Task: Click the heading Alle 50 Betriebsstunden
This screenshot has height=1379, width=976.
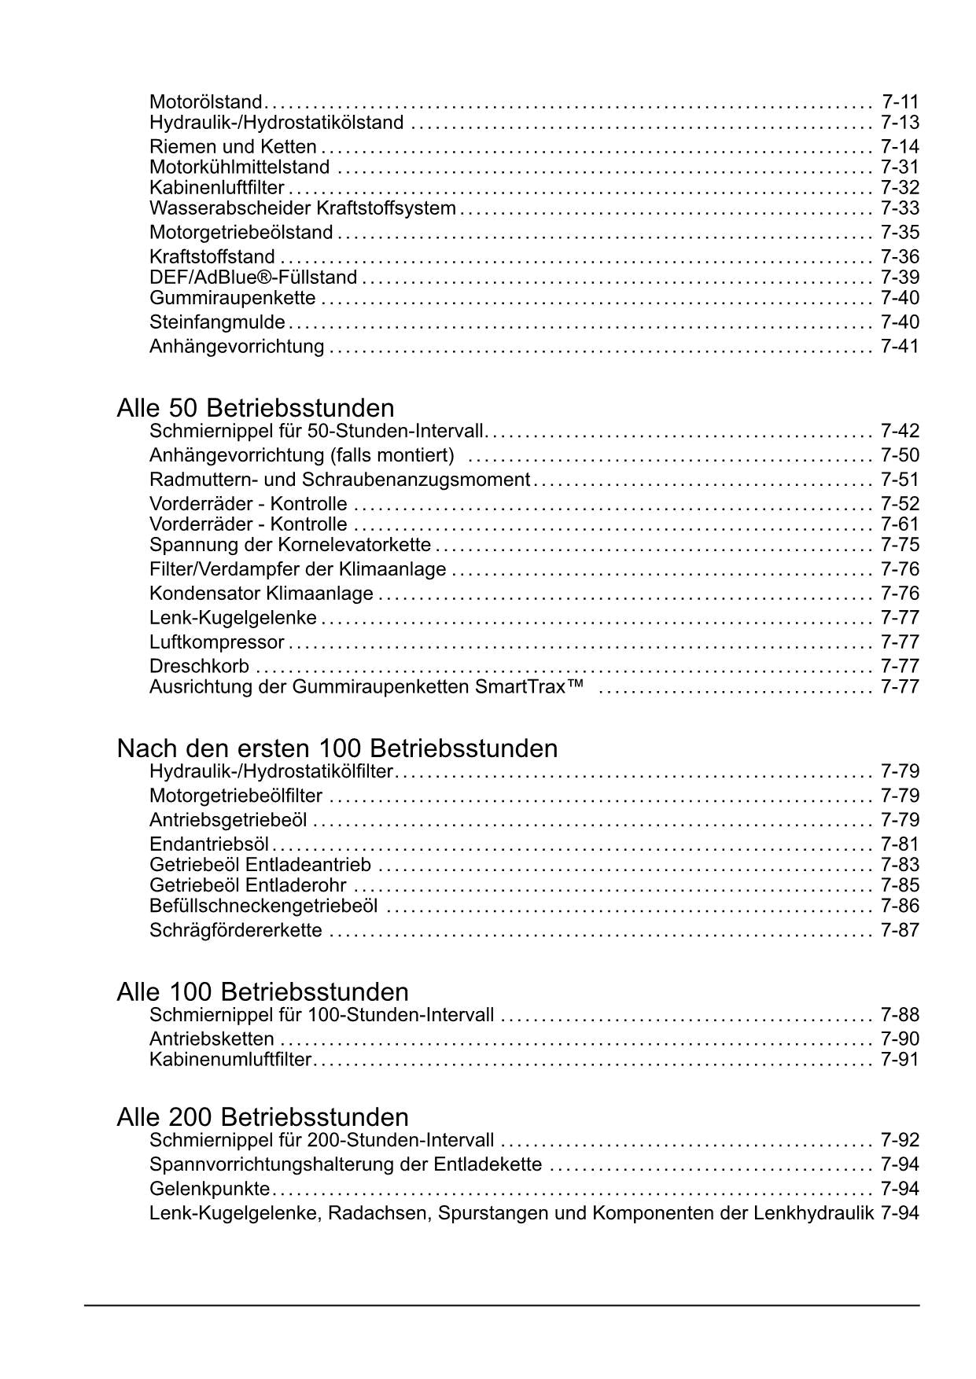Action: coord(255,408)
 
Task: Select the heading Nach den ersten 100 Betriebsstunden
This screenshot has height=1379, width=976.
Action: coord(337,748)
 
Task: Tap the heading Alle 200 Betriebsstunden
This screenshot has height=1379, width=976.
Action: coord(262,1117)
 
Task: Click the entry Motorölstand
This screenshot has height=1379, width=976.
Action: coord(205,102)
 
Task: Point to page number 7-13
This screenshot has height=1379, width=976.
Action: coord(900,123)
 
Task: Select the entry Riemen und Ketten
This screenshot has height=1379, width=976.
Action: coord(233,147)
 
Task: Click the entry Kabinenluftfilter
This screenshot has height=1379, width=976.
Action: coord(216,188)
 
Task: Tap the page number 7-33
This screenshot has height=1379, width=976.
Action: coord(900,208)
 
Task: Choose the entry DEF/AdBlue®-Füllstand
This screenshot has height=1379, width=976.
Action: coord(253,278)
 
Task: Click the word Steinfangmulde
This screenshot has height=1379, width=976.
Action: coord(217,322)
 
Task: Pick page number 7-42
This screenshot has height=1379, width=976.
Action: coord(900,431)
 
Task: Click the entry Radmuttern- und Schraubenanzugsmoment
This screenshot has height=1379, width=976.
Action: coord(340,480)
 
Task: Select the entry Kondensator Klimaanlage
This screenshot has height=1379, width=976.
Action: coord(261,594)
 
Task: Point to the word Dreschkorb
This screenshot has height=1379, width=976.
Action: coord(199,667)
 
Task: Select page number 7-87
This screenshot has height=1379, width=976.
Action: coord(900,930)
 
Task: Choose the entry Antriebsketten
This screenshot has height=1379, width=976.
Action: coord(212,1039)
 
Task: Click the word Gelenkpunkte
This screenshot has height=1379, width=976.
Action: coord(209,1189)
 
